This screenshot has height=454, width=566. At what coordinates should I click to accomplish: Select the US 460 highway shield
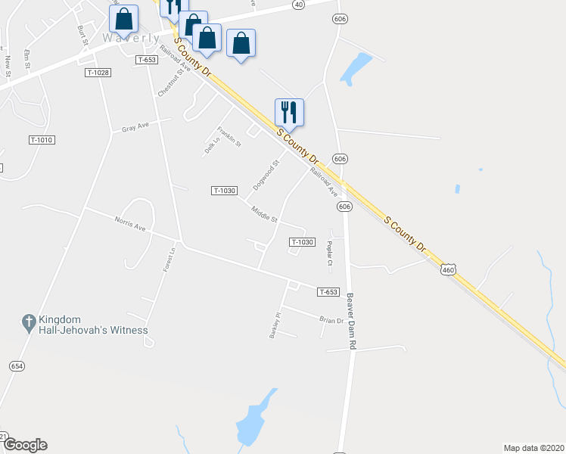tap(449, 269)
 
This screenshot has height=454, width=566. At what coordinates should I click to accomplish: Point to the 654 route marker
tap(17, 365)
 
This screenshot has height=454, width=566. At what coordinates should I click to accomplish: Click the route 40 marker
tap(298, 5)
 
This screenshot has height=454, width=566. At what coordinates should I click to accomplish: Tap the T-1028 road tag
tap(98, 73)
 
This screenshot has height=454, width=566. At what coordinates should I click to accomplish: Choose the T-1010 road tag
tap(42, 140)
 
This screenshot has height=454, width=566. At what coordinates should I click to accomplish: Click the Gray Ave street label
tap(135, 127)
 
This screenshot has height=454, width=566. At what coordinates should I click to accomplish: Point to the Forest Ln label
tap(170, 260)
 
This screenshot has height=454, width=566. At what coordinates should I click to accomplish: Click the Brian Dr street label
tap(331, 320)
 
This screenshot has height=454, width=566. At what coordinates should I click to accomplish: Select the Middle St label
tap(265, 215)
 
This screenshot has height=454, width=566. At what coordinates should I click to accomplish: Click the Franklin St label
tap(229, 136)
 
